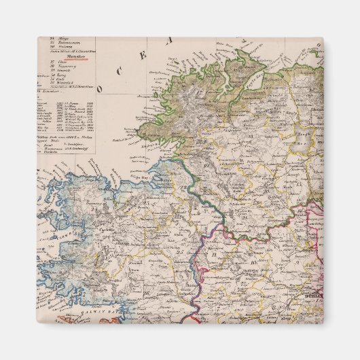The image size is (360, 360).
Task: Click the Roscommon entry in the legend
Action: tap(64, 43)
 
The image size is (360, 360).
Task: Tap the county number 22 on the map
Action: tap(183, 187)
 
